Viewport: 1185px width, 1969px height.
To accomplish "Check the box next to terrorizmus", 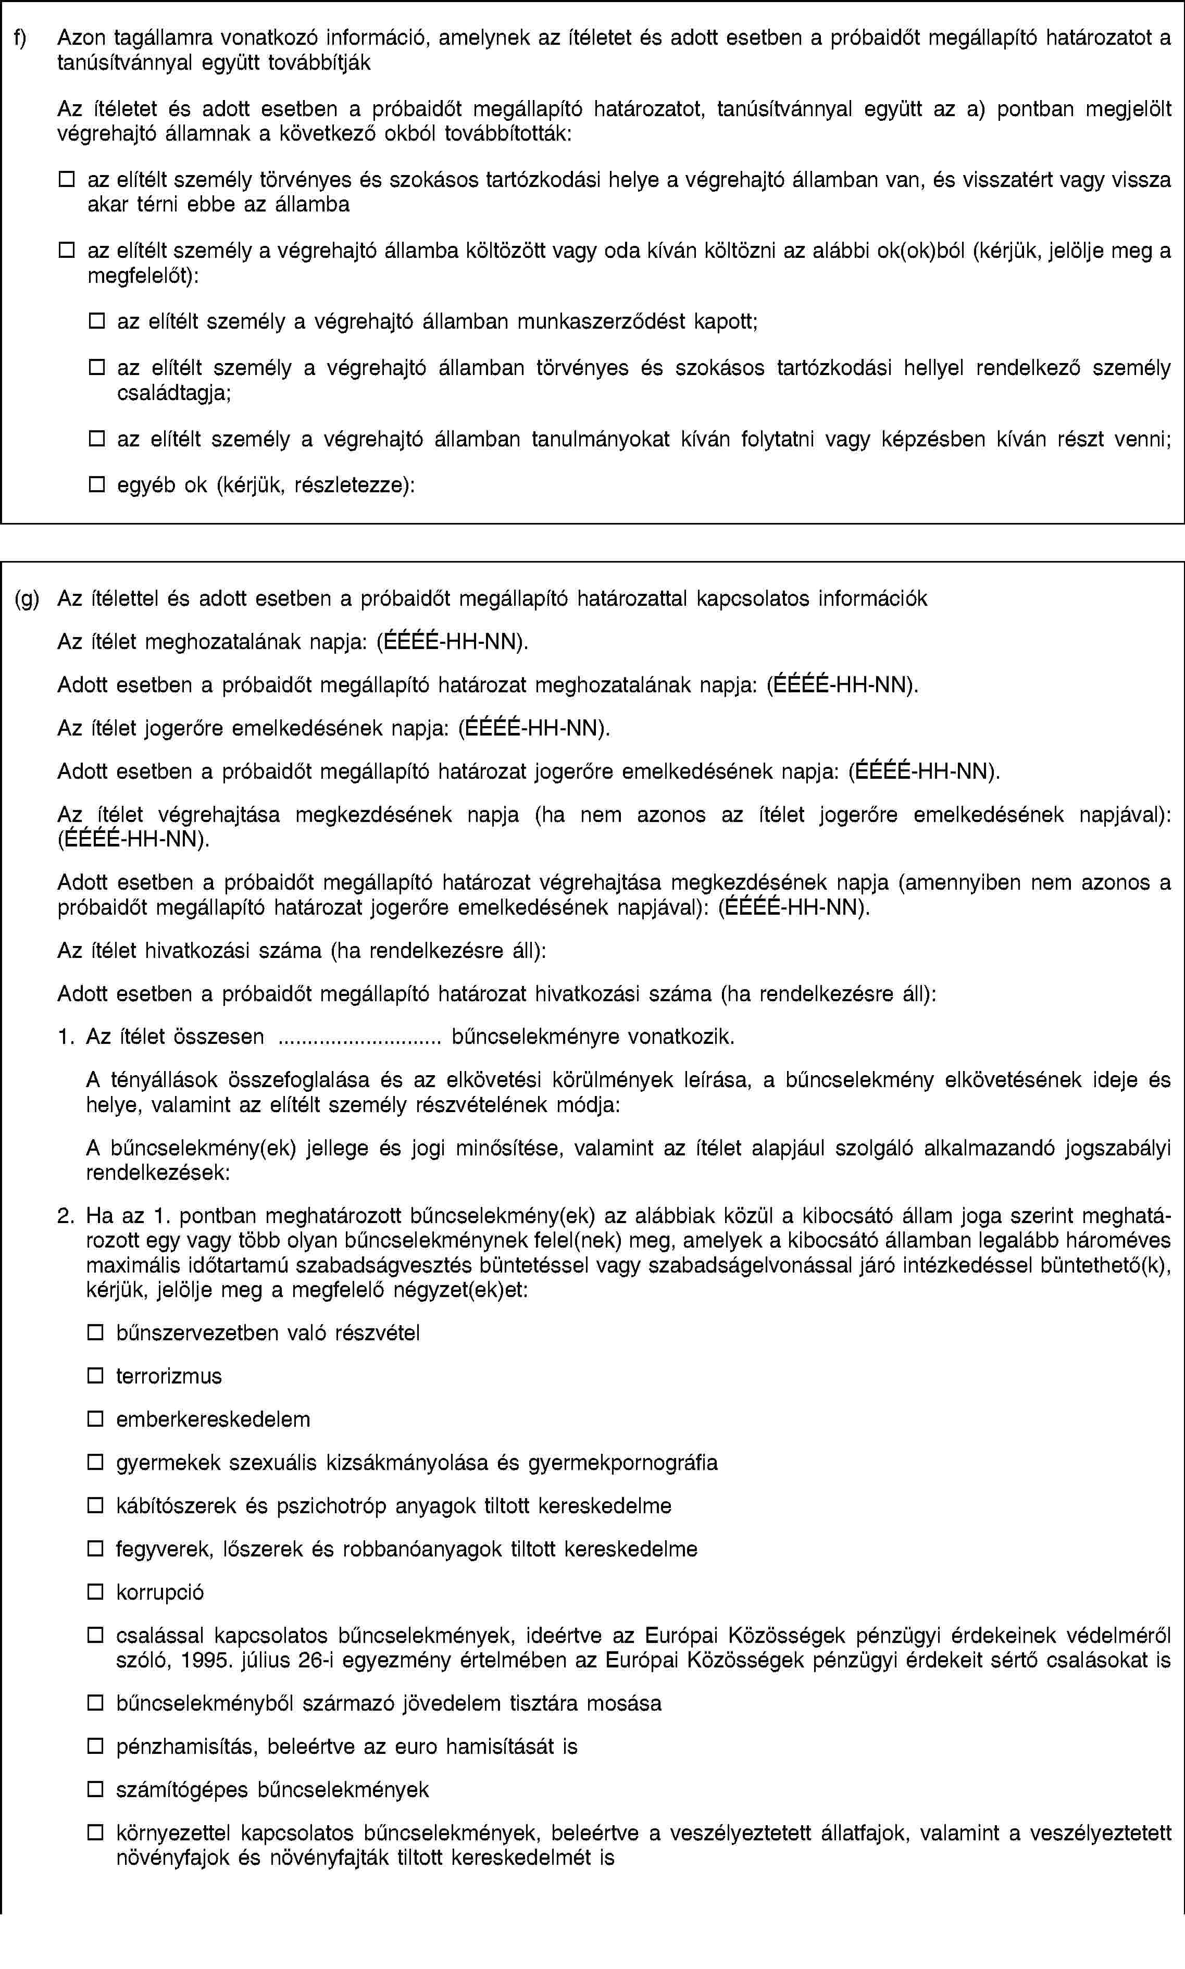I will click(96, 1376).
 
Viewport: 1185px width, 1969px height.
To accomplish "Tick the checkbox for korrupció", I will click(96, 1592).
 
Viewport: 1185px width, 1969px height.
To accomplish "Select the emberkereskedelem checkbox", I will click(96, 1419).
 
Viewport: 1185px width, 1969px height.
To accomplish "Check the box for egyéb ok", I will click(96, 484).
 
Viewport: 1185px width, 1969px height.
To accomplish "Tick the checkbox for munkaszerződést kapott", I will click(96, 322).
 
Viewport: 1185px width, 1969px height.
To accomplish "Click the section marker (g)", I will click(27, 599).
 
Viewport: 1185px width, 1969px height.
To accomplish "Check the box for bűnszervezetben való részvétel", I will click(96, 1332).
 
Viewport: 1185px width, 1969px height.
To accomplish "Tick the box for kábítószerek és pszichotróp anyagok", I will click(96, 1506).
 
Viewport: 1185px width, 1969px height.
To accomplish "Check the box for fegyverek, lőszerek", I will click(96, 1549).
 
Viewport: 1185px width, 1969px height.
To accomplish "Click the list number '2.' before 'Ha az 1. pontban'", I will click(66, 1217).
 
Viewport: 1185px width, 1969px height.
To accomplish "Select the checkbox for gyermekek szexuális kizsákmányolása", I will click(96, 1463).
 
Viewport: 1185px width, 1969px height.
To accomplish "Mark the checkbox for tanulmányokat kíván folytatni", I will click(96, 439).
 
